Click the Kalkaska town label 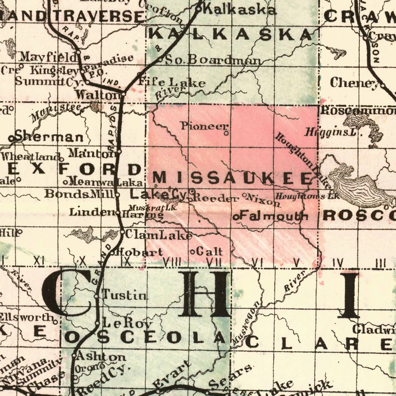point(240,10)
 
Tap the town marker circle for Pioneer point(226,133)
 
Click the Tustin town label point(125,294)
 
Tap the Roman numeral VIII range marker point(172,262)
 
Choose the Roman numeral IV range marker point(338,263)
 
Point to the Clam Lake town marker point(122,232)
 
